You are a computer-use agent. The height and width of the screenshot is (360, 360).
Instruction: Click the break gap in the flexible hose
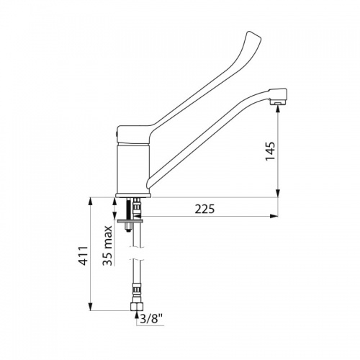(135, 251)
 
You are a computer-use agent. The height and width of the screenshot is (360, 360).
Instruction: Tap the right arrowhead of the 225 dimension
(274, 217)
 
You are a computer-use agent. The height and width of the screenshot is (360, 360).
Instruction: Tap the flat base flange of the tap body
(134, 195)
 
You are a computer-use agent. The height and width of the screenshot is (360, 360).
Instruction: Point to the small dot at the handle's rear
(118, 135)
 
